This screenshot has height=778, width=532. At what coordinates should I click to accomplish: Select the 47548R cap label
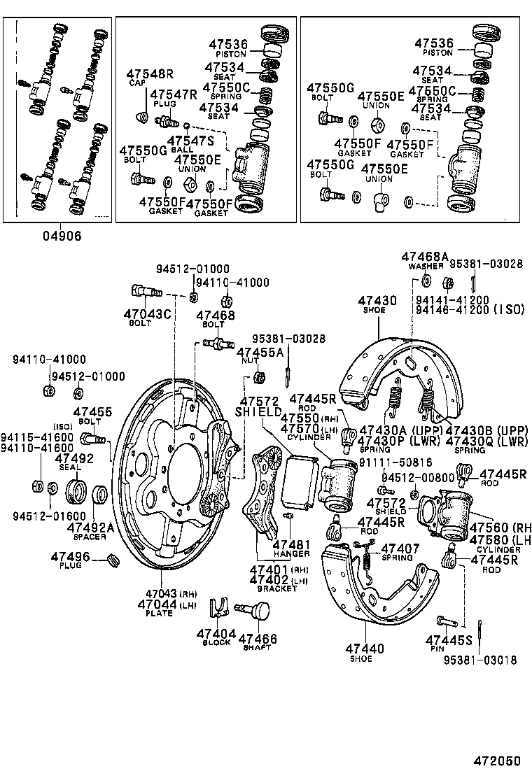[x=149, y=74]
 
